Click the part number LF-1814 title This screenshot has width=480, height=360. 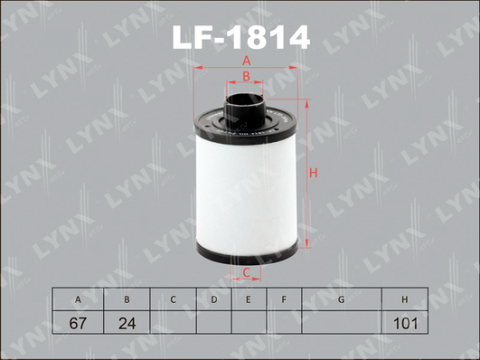point(241,37)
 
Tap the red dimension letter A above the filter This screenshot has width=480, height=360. point(247,61)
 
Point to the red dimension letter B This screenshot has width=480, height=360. point(246,76)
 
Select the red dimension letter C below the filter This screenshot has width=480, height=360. point(247,272)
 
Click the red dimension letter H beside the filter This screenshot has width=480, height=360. point(313,173)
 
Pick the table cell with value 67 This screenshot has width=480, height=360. point(78,322)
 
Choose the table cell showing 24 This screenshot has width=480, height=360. point(127,322)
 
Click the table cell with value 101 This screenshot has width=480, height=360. point(405,322)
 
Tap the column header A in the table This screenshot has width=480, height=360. point(78,299)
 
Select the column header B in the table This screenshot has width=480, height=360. point(127,299)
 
